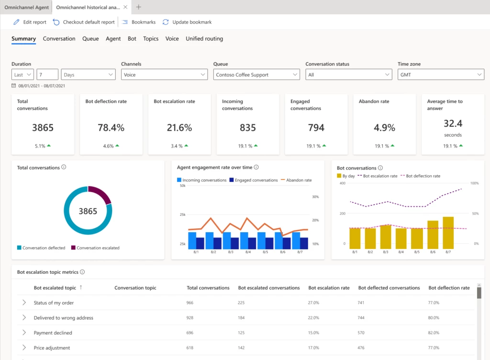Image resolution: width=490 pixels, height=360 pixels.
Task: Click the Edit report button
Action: [x=30, y=22]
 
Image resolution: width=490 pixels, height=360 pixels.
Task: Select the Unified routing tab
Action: [x=204, y=39]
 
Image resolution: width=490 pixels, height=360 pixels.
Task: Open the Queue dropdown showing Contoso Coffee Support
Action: [x=256, y=75]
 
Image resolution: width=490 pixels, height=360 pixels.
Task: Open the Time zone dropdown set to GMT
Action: [x=441, y=75]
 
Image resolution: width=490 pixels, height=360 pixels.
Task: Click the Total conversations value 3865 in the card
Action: [x=43, y=128]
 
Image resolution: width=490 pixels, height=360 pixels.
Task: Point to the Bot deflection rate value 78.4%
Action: [x=111, y=128]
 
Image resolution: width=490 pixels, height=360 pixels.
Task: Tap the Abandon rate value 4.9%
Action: [x=384, y=128]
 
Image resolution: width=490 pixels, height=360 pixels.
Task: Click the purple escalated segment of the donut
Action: [x=100, y=195]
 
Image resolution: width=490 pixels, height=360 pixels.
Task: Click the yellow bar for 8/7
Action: [x=448, y=233]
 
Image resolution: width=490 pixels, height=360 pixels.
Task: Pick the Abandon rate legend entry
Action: [x=297, y=180]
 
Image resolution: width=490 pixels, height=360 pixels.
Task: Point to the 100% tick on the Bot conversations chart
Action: [x=475, y=183]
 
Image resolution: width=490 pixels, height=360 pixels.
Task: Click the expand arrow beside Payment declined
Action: [x=24, y=333]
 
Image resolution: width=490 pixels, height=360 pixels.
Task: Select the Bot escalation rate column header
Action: [x=329, y=288]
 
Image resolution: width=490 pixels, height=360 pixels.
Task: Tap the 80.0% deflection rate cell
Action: [x=434, y=318]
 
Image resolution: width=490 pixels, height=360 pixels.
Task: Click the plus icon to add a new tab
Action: [x=139, y=7]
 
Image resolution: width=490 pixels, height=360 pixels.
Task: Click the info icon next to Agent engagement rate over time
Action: [x=256, y=168]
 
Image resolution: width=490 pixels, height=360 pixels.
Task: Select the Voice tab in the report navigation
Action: [x=172, y=39]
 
